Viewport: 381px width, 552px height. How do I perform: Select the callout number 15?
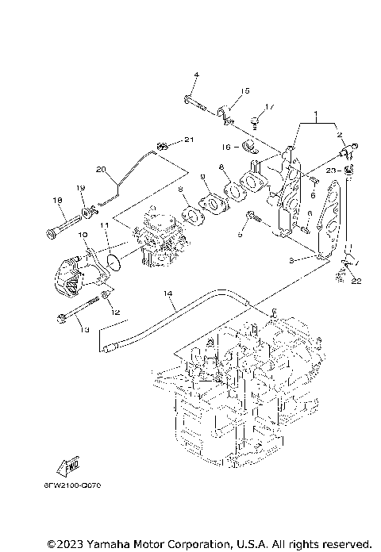click(x=245, y=90)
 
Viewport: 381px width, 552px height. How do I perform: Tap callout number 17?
click(x=269, y=106)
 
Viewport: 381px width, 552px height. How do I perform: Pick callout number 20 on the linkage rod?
click(x=100, y=169)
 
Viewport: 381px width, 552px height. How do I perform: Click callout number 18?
click(x=56, y=200)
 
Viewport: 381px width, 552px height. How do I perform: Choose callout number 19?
click(x=80, y=187)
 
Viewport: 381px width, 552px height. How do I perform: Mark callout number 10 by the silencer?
click(x=82, y=236)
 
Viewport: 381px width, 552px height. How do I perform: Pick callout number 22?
click(x=356, y=281)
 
